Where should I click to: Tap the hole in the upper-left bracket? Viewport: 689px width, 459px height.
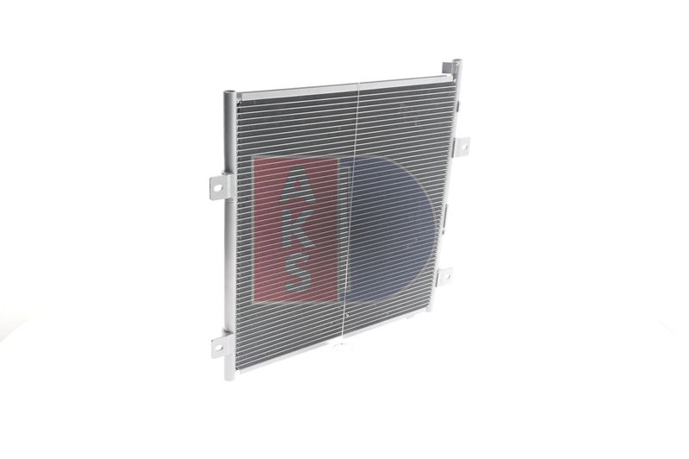[x=217, y=188]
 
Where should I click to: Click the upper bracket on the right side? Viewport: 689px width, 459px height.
[x=461, y=145]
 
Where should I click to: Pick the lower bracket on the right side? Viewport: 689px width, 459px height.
[x=444, y=275]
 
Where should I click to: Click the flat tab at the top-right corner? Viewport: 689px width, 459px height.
[x=447, y=67]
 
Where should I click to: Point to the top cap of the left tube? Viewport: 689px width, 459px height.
[x=229, y=93]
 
